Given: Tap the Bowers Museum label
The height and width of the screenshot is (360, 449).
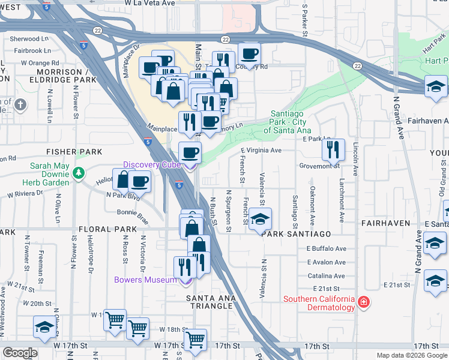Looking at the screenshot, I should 146,280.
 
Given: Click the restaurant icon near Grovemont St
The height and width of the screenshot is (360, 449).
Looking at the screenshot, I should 333,151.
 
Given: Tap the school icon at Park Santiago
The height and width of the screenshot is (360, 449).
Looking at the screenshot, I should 261,219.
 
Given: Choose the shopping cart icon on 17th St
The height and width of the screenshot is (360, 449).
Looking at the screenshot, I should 195,340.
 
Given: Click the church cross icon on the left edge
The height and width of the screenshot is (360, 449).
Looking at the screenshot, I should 20,105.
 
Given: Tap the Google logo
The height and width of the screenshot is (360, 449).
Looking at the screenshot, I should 19,353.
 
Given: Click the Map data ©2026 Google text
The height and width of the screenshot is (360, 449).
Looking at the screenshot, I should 411,355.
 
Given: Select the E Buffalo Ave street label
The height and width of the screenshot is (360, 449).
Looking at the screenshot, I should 327,248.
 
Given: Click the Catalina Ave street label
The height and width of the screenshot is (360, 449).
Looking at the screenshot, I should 325,276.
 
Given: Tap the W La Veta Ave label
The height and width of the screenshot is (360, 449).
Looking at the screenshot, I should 150,4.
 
